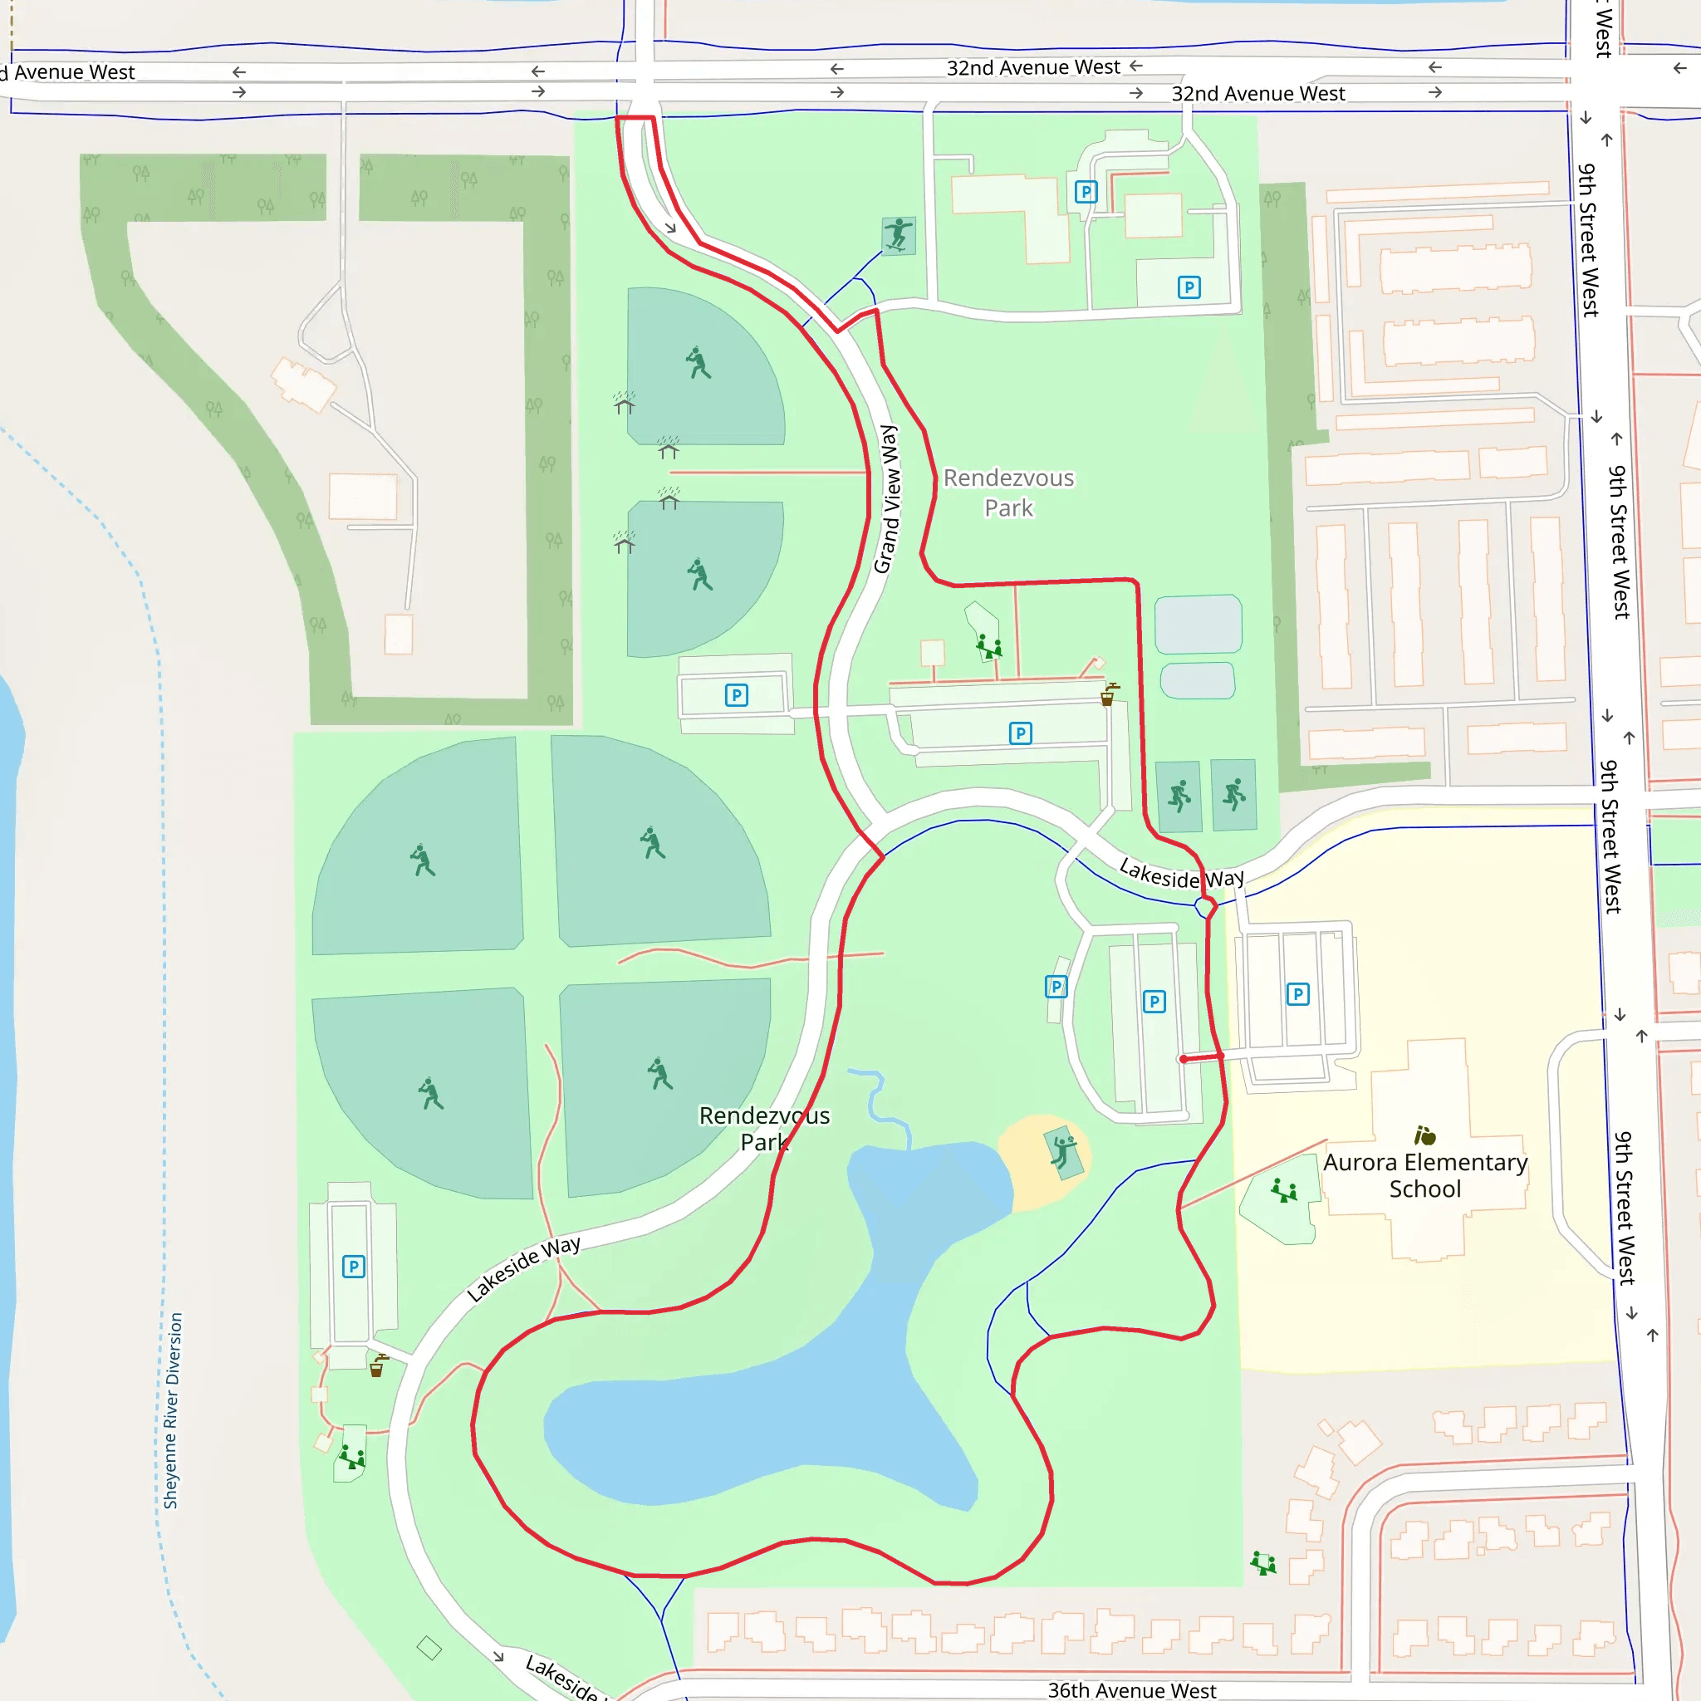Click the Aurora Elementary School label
[x=1424, y=1175]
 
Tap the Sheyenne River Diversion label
[x=173, y=1410]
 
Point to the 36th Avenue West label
[x=1131, y=1689]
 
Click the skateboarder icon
[x=898, y=235]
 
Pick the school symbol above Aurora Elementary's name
[x=1424, y=1135]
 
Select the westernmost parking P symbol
[x=353, y=1266]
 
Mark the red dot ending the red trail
[x=1184, y=1059]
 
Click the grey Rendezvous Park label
[x=1008, y=493]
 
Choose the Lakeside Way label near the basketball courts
[x=1181, y=875]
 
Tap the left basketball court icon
[x=1179, y=796]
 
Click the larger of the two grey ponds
[x=1198, y=624]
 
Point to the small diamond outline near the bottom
[x=429, y=1647]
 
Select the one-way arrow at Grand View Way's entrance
[x=670, y=228]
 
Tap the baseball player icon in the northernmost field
[x=699, y=362]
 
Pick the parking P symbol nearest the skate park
[x=1086, y=192]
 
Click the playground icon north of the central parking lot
[x=988, y=648]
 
